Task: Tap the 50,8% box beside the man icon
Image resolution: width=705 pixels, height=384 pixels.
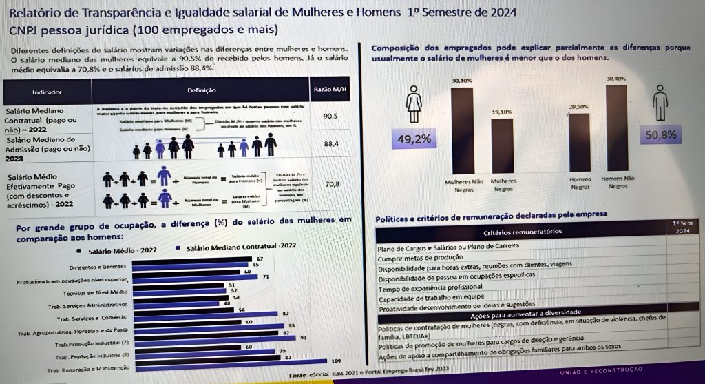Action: tap(660, 135)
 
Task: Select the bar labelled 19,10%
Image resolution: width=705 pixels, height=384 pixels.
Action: tap(502, 146)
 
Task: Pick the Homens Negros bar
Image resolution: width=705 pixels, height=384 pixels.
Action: tap(579, 143)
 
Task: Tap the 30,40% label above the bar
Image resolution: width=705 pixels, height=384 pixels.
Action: tap(616, 79)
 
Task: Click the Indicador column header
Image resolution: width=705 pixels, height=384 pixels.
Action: tap(46, 91)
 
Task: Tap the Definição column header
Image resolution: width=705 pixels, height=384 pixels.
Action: tap(201, 90)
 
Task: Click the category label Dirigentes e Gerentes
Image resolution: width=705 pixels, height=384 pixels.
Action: tap(96, 266)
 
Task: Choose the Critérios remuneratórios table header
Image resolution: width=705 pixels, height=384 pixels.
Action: tap(521, 233)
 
